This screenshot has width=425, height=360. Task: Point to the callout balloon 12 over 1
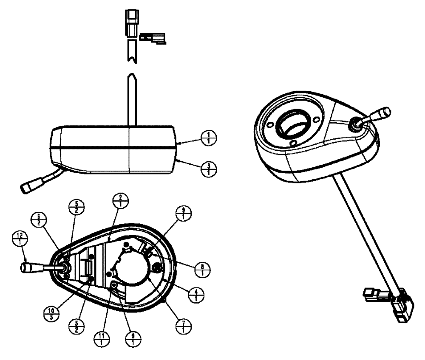[17, 238]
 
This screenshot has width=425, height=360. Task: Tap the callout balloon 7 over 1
[184, 327]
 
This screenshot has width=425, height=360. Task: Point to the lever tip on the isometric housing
[384, 112]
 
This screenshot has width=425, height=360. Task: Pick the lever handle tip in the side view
[28, 187]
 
